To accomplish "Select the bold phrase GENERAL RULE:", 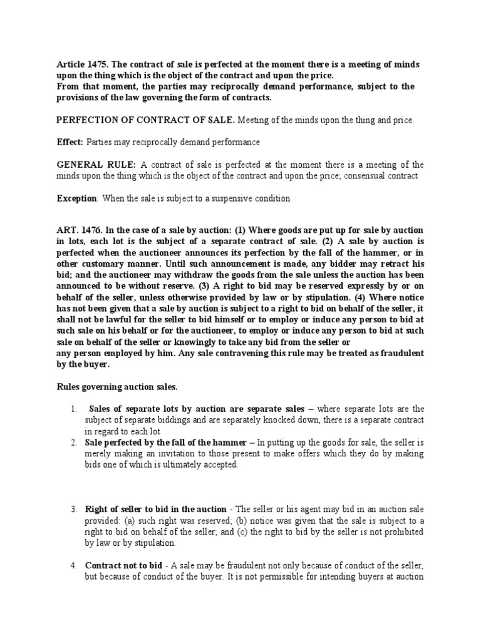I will click(x=96, y=165).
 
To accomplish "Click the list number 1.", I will click(x=74, y=409).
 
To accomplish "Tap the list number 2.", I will click(x=74, y=443).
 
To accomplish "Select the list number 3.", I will click(x=74, y=510).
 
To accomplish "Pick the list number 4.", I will click(x=74, y=566).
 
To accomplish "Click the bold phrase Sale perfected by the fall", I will click(x=142, y=443).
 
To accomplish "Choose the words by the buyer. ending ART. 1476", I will click(x=83, y=364).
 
